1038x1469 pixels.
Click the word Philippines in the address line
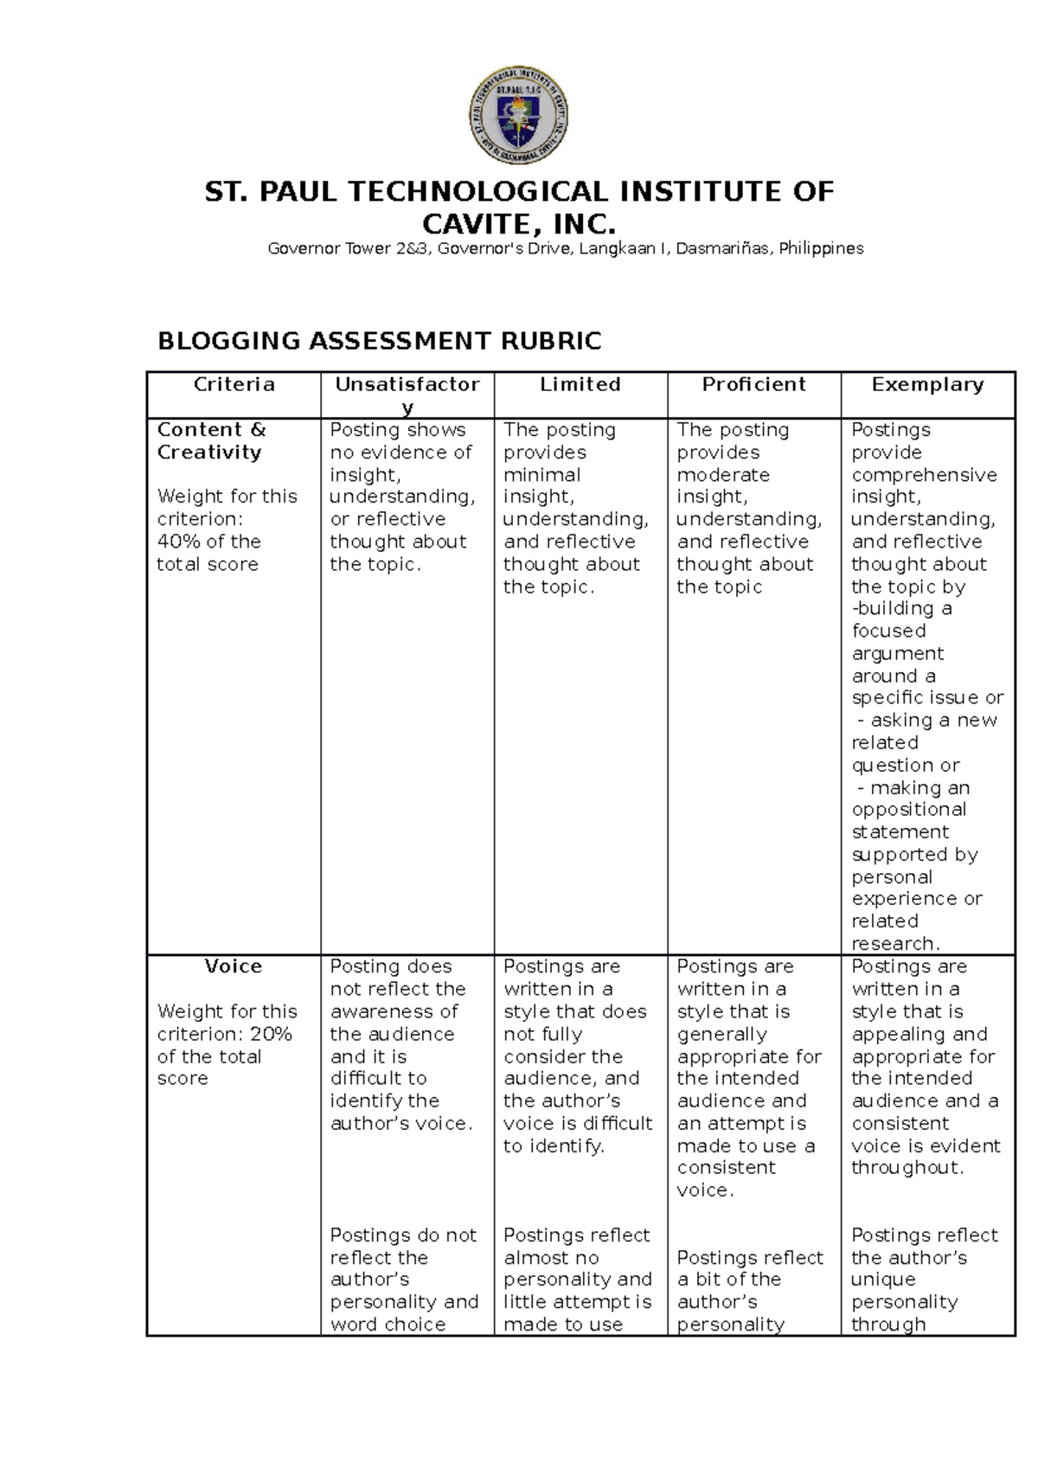click(x=821, y=249)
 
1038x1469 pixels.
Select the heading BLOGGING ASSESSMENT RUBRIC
click(x=379, y=341)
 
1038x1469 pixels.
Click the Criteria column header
click(x=234, y=385)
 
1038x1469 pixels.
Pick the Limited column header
click(x=580, y=385)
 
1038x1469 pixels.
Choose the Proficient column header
click(x=753, y=385)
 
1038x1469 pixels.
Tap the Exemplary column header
click(x=927, y=385)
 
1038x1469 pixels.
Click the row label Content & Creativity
click(x=210, y=440)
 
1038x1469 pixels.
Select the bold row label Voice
click(x=233, y=966)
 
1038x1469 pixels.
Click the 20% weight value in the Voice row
click(x=271, y=1034)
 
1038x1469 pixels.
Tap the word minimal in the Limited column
click(x=542, y=475)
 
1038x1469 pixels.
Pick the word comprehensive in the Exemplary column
click(x=924, y=475)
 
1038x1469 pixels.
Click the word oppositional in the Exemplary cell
click(x=908, y=810)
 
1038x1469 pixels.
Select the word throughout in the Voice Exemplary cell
click(x=905, y=1168)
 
